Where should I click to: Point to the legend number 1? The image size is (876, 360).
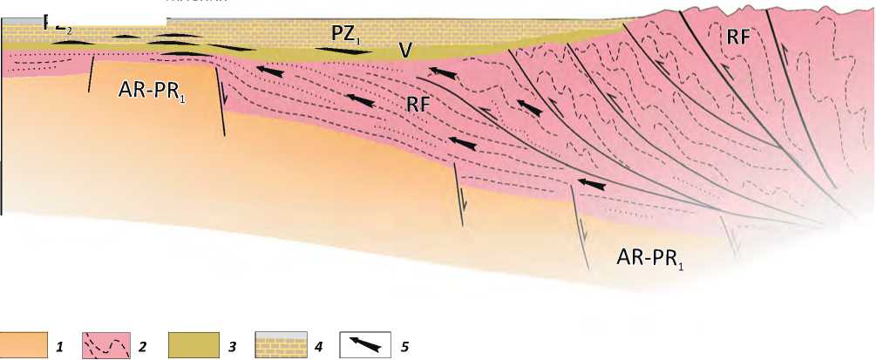coord(58,346)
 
